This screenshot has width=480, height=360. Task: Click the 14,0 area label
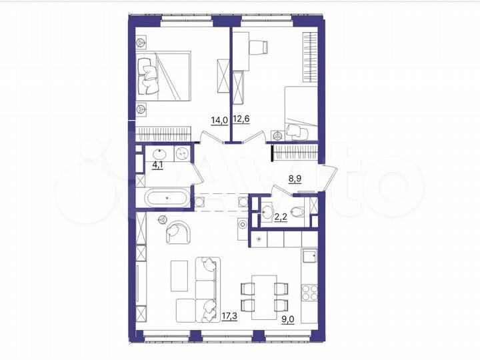click(219, 120)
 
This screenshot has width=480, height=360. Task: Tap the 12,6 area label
click(241, 120)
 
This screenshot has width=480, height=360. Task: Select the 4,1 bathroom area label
click(158, 165)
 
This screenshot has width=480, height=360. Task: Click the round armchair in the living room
click(179, 231)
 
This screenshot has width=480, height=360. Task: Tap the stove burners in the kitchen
click(310, 292)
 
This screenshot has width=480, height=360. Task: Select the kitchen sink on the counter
click(309, 255)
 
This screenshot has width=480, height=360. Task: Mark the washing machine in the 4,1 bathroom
click(182, 154)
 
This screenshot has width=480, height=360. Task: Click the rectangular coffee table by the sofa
click(179, 275)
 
